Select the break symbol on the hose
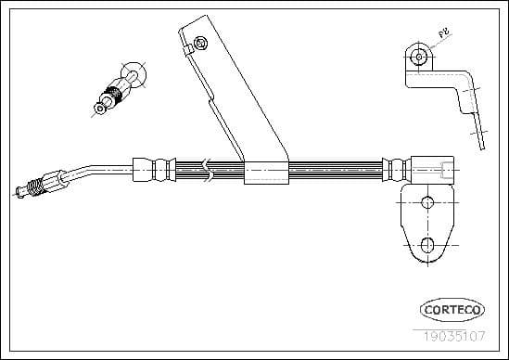point(209,169)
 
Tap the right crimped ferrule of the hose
point(395,170)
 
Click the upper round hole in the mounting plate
point(427,203)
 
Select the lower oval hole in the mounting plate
point(428,245)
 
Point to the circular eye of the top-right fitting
point(420,57)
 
